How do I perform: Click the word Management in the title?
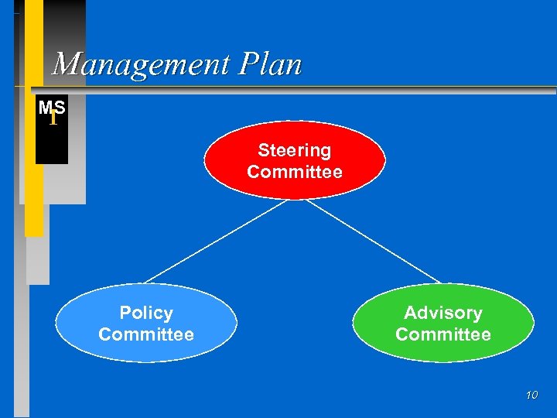tap(142, 64)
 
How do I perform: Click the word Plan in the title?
tap(270, 64)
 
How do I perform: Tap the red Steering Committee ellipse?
tap(294, 160)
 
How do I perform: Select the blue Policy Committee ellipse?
tap(146, 324)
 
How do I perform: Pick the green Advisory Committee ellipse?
tap(443, 324)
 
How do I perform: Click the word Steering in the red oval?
tap(294, 150)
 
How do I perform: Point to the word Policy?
tap(146, 313)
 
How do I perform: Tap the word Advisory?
tap(443, 313)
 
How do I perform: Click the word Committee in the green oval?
tap(443, 334)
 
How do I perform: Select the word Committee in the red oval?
tap(294, 172)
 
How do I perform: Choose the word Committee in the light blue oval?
tap(146, 334)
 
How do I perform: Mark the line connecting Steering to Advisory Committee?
tap(374, 241)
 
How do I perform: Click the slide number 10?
tap(531, 396)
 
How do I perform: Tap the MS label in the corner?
tap(51, 107)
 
